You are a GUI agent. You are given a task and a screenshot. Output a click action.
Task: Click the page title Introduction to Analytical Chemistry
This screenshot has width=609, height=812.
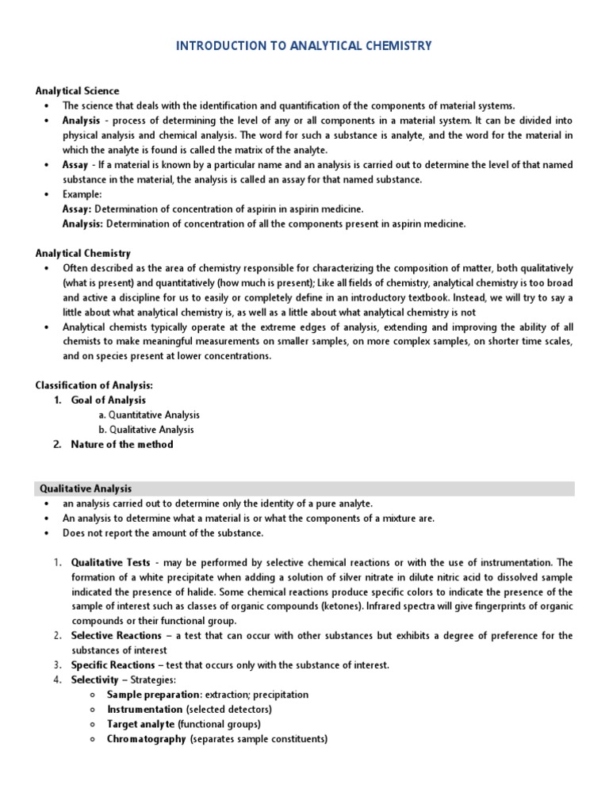304,46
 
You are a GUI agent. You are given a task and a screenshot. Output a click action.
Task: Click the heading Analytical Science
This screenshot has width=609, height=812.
77,91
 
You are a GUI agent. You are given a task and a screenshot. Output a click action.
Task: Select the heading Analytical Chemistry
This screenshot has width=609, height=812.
83,254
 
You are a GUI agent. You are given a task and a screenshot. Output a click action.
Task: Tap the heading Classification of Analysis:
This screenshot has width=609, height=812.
94,385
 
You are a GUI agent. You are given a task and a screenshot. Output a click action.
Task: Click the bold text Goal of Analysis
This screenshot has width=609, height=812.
108,400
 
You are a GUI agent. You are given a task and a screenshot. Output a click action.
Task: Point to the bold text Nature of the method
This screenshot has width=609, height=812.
121,444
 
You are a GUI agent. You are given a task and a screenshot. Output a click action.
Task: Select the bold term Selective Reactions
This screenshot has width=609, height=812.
114,636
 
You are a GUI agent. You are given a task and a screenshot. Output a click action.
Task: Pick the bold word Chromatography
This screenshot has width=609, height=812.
146,739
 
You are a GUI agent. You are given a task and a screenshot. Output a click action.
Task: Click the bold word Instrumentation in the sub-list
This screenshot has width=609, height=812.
145,710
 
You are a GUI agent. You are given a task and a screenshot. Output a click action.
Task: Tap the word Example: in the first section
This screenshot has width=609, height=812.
82,194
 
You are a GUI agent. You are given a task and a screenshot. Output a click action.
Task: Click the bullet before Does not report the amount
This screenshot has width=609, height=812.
48,533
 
